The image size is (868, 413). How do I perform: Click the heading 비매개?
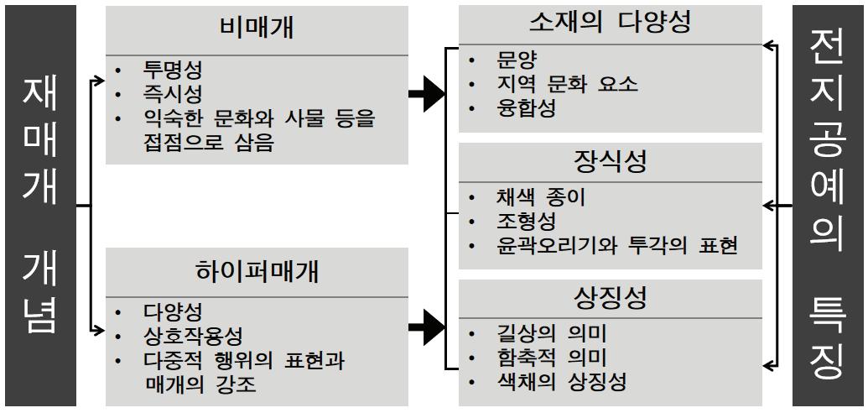[x=257, y=30]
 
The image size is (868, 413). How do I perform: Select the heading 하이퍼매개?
[x=257, y=271]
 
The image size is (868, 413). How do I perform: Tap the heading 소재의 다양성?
[x=610, y=22]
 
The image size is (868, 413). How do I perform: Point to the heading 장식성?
[x=610, y=161]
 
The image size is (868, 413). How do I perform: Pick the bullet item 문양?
[x=516, y=60]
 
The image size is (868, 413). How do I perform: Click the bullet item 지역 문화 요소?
[x=567, y=84]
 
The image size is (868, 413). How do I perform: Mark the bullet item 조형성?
[x=527, y=222]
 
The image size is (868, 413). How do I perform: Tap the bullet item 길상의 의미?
[x=551, y=332]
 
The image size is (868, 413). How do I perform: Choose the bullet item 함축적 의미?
[x=551, y=358]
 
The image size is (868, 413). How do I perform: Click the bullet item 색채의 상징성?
[x=561, y=382]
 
